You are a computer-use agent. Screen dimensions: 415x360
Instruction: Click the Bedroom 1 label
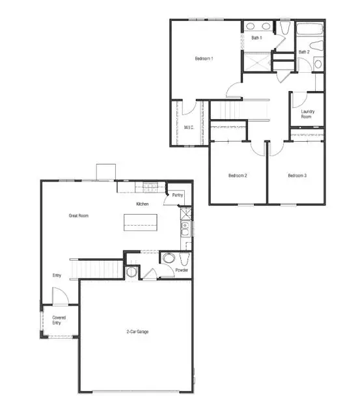(204, 59)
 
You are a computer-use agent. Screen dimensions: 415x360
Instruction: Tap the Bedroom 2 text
(237, 176)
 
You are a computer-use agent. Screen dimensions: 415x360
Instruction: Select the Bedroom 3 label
(297, 176)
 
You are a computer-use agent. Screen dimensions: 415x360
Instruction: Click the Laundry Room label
(308, 114)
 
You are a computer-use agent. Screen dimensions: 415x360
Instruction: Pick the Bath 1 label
(256, 38)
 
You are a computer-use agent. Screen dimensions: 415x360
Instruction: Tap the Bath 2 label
(303, 52)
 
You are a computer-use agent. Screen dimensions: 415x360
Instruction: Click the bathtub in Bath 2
(309, 28)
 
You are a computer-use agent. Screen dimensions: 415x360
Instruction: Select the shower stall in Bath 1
(256, 62)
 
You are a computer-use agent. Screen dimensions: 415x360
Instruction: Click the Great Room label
(79, 215)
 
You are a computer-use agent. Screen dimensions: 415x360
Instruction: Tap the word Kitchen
(143, 204)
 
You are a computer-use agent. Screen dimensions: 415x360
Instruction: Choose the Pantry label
(178, 195)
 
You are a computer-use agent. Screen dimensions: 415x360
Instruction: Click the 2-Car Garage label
(137, 332)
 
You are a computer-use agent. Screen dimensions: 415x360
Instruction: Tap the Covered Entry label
(59, 320)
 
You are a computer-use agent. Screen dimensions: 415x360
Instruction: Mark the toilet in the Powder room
(168, 258)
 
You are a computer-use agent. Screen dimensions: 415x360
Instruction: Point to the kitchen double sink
(185, 228)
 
